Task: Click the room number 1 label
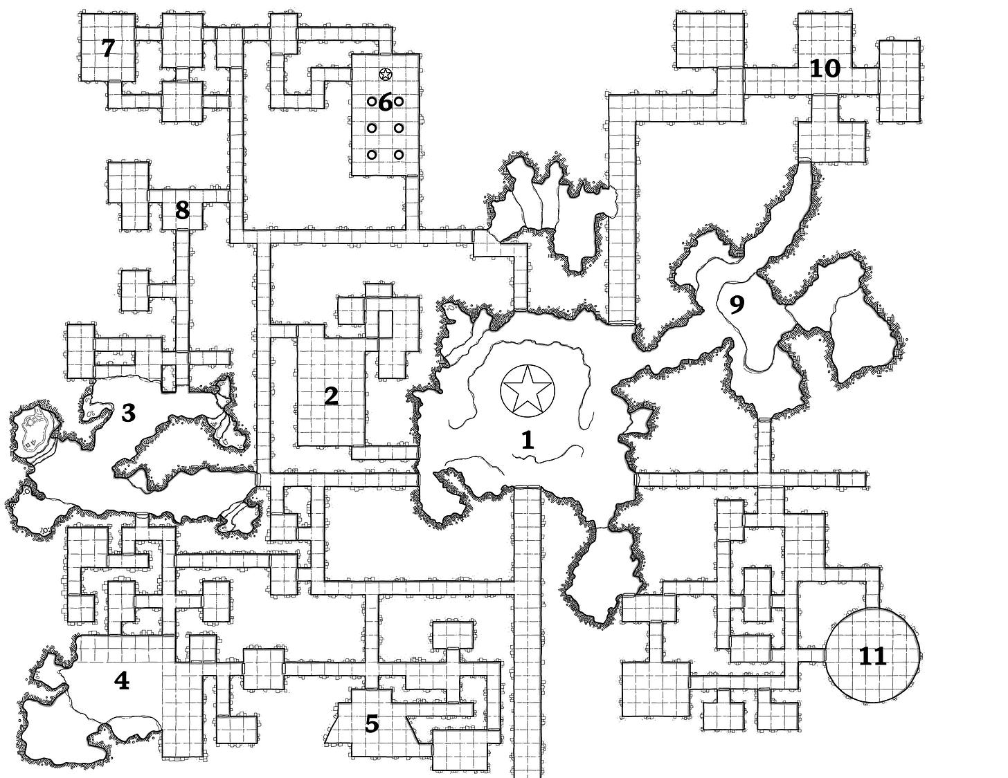(528, 440)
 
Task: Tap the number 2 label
(331, 396)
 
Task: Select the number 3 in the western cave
(128, 413)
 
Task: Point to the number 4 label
(121, 681)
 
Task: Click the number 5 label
(372, 724)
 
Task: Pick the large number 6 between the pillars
(385, 102)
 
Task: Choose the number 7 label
(107, 48)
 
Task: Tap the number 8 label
(182, 210)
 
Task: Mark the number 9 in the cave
(737, 304)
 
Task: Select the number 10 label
(825, 68)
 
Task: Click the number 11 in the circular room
(872, 656)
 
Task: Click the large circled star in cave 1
(527, 389)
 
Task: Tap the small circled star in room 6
(386, 73)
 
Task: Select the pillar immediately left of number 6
(372, 102)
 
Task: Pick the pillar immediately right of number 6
(399, 102)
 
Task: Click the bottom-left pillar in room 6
(372, 154)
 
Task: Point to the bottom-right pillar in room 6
(399, 154)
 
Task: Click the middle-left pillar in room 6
(372, 128)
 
